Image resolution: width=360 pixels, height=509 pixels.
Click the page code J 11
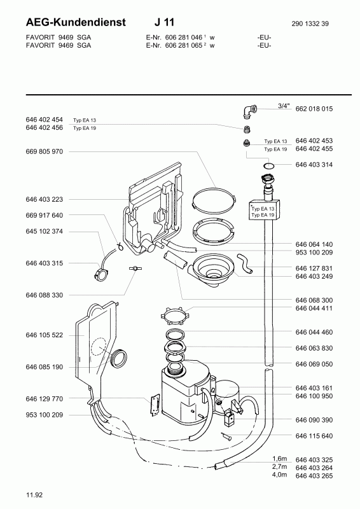point(172,22)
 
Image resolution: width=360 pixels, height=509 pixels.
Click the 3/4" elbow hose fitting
point(249,111)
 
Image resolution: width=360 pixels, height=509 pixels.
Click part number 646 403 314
point(314,164)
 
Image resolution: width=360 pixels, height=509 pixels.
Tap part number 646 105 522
point(45,335)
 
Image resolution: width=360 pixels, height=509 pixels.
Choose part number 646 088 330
point(45,295)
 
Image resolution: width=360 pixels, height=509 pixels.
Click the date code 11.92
point(34,494)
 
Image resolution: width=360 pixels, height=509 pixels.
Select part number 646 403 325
point(314,459)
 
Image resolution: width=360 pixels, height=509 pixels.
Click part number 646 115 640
point(314,436)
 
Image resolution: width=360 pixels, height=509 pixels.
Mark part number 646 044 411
point(314,308)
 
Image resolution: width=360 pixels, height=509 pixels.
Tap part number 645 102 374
point(45,232)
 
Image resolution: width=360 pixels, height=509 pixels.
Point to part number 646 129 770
point(45,398)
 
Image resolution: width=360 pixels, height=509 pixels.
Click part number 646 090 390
point(314,420)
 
